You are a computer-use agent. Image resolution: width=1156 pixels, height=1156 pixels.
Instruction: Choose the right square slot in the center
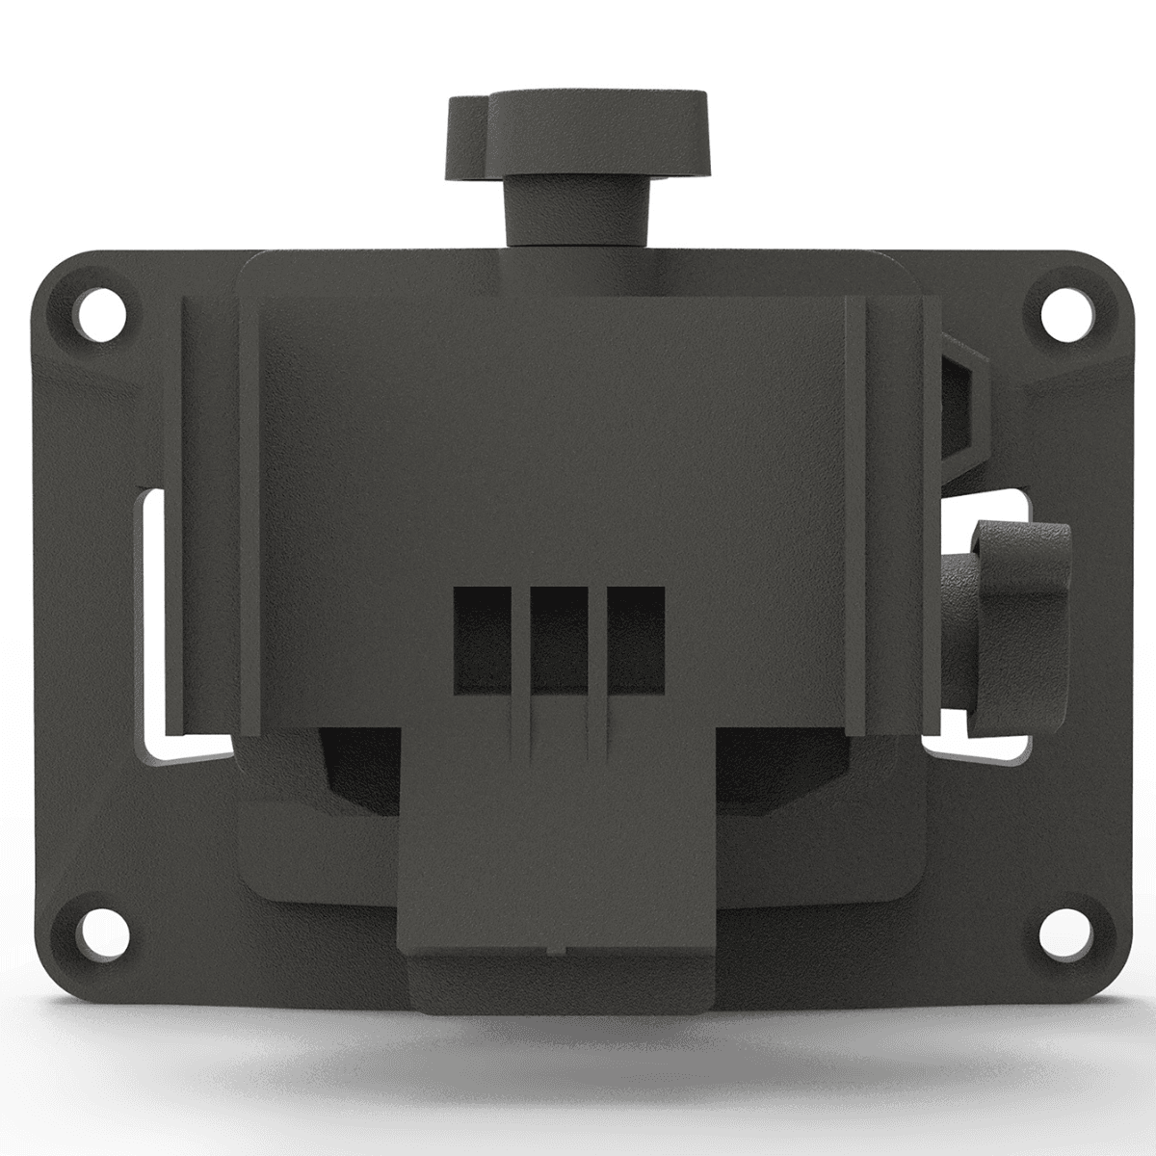click(x=632, y=639)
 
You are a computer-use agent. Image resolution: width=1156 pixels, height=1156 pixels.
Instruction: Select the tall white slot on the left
click(x=154, y=617)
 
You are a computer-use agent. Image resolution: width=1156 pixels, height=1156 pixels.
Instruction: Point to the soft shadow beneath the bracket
click(x=578, y=1069)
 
